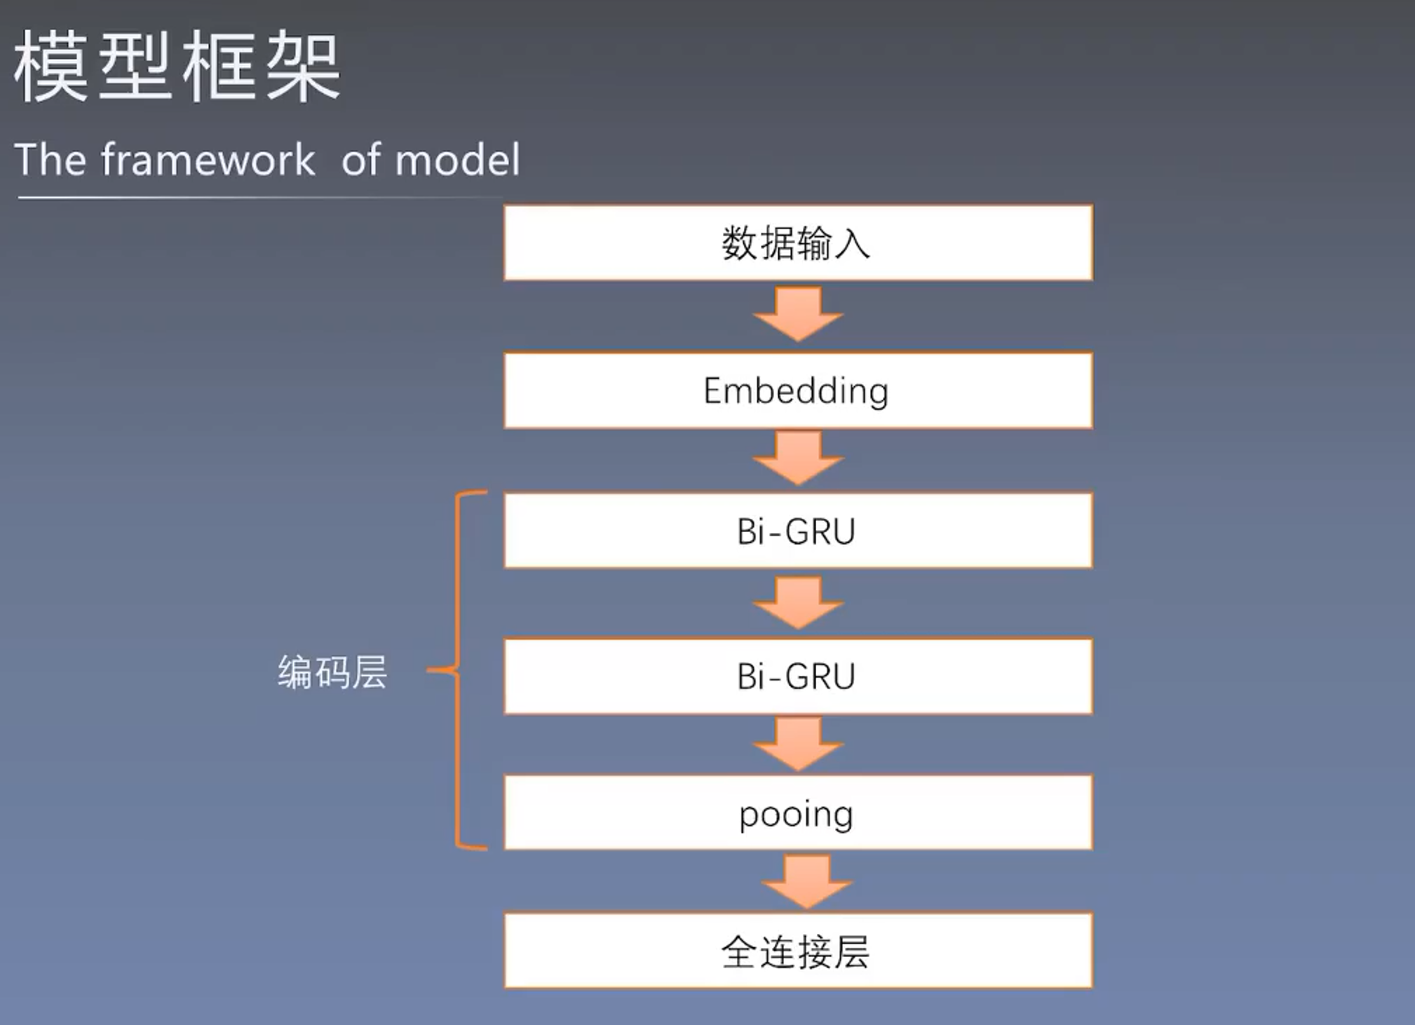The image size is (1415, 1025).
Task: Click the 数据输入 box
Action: click(798, 243)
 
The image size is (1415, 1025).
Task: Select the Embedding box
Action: click(798, 391)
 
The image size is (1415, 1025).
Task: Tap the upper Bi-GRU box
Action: click(798, 531)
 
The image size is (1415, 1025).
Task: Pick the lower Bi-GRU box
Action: click(798, 676)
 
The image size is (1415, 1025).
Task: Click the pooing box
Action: click(798, 813)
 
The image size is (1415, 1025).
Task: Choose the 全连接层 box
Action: click(798, 951)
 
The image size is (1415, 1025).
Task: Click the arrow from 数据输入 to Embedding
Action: click(798, 314)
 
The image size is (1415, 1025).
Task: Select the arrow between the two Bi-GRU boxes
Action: click(798, 603)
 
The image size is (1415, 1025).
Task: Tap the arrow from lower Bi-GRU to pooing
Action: click(798, 744)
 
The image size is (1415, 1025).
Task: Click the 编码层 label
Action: click(332, 672)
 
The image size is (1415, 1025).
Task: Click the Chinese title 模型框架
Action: click(177, 67)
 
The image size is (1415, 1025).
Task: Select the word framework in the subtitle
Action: click(208, 159)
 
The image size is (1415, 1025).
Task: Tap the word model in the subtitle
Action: click(458, 160)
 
